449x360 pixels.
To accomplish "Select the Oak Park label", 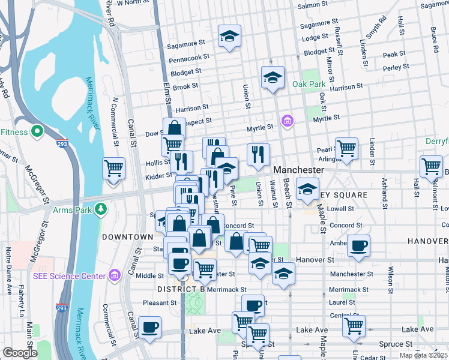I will (309, 84).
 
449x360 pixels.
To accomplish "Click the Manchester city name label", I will (299, 170).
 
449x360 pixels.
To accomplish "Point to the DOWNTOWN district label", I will (127, 237).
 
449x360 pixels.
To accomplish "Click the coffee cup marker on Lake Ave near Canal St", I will (149, 327).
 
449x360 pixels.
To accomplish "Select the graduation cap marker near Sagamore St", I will (229, 36).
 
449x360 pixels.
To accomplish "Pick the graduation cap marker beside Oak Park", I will (272, 77).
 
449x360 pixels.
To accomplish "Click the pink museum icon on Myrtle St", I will (287, 122).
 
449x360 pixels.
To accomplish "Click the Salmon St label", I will (310, 5).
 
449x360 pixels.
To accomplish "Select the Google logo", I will (19, 353).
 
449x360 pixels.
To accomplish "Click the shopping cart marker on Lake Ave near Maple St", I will (354, 326).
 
